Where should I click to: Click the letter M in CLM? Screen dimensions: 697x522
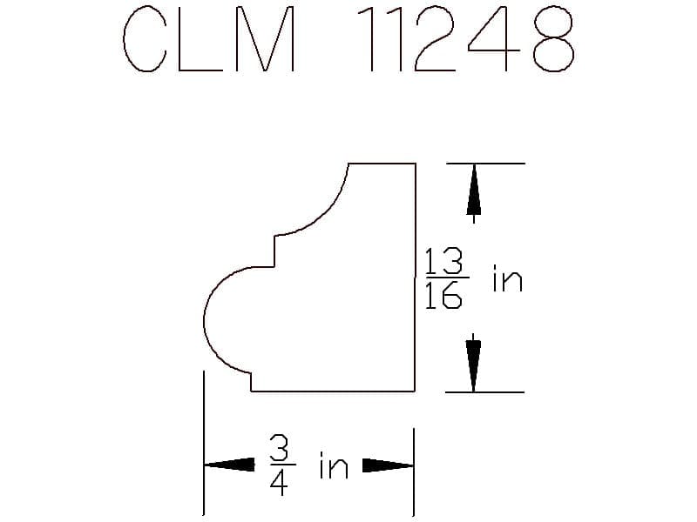[265, 39]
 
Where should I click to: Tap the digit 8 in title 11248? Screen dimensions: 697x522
[553, 39]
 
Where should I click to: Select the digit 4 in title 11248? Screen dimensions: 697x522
[493, 39]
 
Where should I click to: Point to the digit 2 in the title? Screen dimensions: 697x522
[435, 39]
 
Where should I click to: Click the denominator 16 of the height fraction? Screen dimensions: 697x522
[443, 295]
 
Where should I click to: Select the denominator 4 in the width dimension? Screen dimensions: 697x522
[279, 482]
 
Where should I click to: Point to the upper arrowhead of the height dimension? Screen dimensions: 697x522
[474, 190]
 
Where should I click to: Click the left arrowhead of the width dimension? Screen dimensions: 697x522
[229, 465]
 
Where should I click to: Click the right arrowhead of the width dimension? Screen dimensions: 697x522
[388, 465]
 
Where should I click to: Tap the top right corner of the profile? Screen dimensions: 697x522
[416, 164]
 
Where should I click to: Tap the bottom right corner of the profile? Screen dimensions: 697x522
[416, 391]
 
